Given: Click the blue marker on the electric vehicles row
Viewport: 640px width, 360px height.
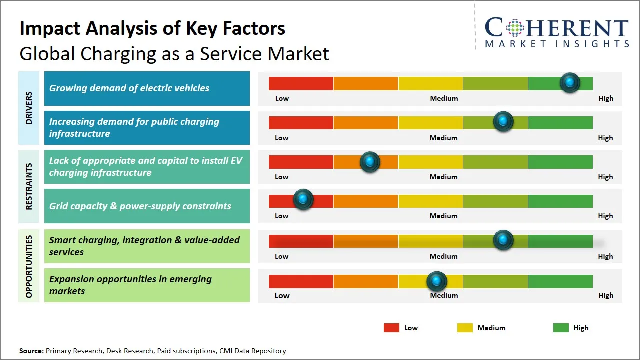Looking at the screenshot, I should (570, 82).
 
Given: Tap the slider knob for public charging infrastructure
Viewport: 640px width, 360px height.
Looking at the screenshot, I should (503, 121).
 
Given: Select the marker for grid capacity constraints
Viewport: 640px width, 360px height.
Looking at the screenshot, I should (303, 199).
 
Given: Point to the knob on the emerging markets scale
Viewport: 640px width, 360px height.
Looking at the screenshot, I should (437, 281).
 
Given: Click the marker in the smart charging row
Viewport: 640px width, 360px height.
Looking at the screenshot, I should (503, 240).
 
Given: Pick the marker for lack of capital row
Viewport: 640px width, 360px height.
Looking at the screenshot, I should (370, 161).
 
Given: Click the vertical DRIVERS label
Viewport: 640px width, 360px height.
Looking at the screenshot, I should (29, 108).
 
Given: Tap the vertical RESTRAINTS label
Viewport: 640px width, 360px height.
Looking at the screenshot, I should (29, 186).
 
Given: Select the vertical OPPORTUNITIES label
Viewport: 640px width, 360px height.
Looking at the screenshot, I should (29, 266).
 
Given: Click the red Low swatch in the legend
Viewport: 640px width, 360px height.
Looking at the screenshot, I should (391, 328).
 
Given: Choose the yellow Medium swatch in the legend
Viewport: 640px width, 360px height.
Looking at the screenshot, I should (465, 328).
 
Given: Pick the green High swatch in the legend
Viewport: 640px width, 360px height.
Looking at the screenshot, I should (561, 328).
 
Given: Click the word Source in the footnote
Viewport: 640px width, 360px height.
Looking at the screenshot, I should (31, 351).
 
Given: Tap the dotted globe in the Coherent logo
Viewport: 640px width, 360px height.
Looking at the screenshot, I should (514, 28).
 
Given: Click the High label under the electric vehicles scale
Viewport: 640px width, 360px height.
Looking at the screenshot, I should (606, 98).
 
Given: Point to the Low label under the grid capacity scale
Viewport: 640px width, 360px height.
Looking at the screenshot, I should (282, 216).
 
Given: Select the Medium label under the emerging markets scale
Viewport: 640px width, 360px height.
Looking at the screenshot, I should (444, 295).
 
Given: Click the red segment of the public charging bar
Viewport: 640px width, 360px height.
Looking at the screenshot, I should (301, 123).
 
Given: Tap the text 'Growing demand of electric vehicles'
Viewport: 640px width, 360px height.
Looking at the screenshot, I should (129, 88).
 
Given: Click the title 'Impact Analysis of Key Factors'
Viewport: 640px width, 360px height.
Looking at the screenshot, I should (152, 29).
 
